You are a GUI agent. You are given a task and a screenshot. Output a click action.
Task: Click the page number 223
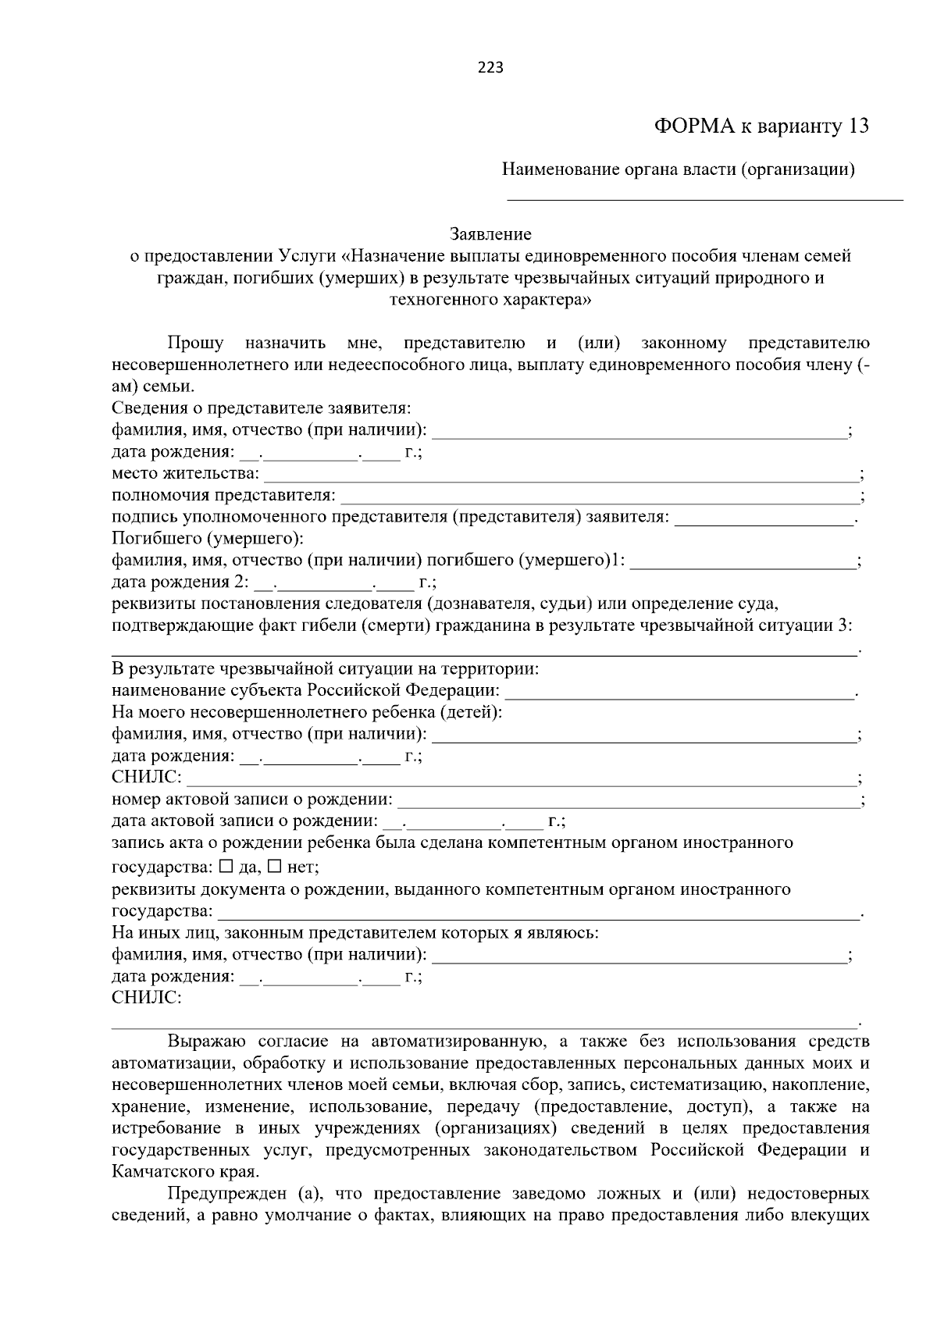[x=490, y=67]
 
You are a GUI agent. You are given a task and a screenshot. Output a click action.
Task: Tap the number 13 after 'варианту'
[x=856, y=126]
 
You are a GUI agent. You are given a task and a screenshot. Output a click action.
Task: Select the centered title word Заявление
[x=490, y=234]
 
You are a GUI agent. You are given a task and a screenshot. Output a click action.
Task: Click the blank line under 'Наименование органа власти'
[x=705, y=198]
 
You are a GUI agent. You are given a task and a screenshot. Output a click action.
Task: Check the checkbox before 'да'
[x=226, y=866]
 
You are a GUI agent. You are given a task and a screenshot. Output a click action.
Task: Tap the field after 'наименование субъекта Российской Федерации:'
[x=679, y=693]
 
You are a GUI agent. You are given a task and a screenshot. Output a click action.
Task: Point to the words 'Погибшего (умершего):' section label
[x=208, y=539]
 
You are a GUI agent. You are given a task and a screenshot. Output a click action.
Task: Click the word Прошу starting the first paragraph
[x=195, y=344]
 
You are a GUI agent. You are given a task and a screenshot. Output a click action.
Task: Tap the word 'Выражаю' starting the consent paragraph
[x=206, y=1042]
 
